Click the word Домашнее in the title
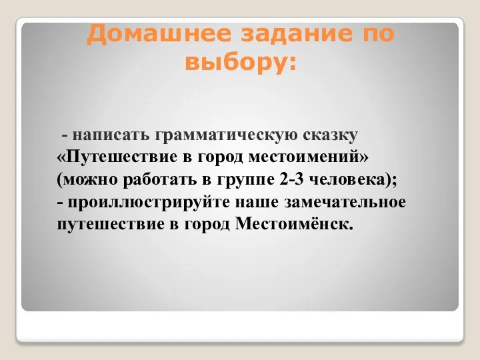click(x=159, y=34)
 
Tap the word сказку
click(x=330, y=135)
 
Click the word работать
click(x=160, y=179)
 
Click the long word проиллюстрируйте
click(x=149, y=203)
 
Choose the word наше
click(x=257, y=203)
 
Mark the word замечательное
click(x=345, y=203)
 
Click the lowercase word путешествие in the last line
click(x=110, y=225)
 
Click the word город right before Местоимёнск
click(x=207, y=225)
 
